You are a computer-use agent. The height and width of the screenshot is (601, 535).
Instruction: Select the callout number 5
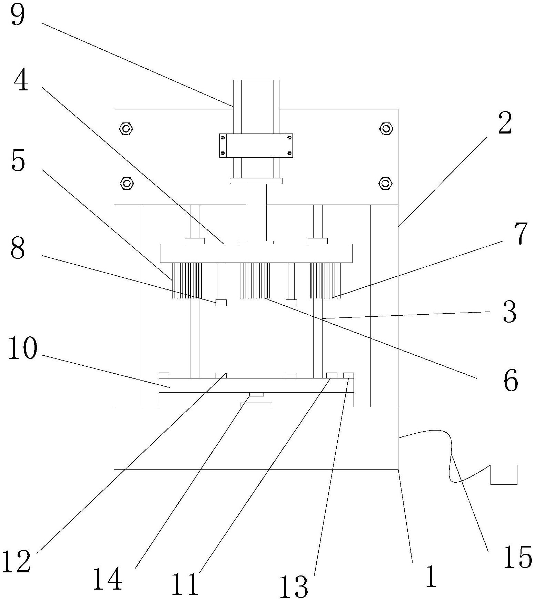tap(19, 160)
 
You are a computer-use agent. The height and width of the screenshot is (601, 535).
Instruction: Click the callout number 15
tap(517, 556)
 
